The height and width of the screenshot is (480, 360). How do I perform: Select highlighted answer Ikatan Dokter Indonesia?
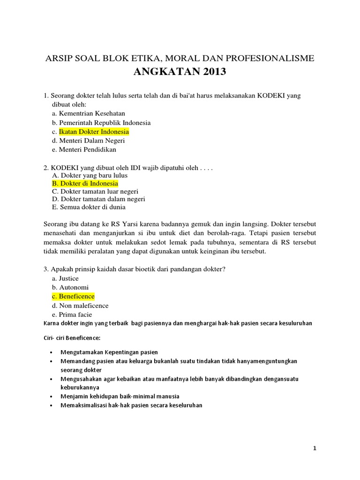(x=94, y=132)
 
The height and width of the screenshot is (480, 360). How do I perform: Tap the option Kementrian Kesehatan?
(x=89, y=113)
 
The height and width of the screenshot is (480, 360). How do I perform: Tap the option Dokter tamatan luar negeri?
(x=98, y=191)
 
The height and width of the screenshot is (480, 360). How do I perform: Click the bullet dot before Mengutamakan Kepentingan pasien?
(x=50, y=352)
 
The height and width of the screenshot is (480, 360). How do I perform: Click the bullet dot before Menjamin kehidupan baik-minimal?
(x=50, y=396)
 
